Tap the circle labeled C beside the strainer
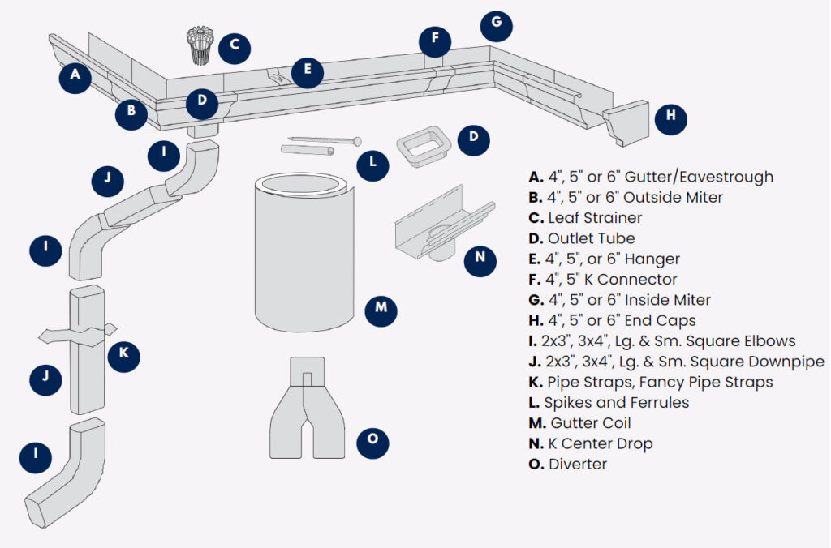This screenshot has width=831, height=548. tap(234, 45)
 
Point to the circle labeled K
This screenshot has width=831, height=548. tap(124, 354)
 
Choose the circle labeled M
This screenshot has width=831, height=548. tap(381, 309)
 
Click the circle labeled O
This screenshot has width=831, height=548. tap(372, 440)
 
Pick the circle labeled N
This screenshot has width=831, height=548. tap(480, 259)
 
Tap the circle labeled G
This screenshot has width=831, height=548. tap(496, 25)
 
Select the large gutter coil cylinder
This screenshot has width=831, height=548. tap(304, 251)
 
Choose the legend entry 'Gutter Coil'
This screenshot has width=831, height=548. tap(590, 423)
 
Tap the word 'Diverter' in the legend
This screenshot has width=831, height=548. tap(578, 465)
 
